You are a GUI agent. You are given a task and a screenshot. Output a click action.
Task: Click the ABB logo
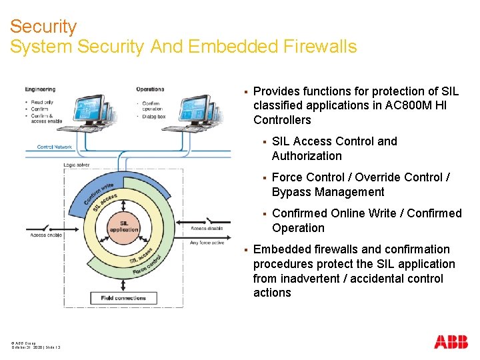tap(451, 343)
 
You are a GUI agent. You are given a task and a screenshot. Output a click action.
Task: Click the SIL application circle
tap(124, 226)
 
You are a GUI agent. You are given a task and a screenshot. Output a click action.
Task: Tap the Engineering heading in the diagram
tap(40, 89)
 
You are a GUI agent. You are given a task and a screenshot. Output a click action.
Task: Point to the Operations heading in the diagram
tap(150, 89)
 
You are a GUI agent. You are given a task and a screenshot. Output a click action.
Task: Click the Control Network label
tap(55, 147)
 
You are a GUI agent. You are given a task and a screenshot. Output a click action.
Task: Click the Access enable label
tap(46, 235)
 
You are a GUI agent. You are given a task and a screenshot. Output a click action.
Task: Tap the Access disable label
tap(207, 229)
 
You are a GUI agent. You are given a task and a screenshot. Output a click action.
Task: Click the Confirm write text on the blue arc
tap(99, 193)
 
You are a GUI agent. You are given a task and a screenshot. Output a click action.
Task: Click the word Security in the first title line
tap(43, 27)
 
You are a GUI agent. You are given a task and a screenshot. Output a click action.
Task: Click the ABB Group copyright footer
tap(24, 343)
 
